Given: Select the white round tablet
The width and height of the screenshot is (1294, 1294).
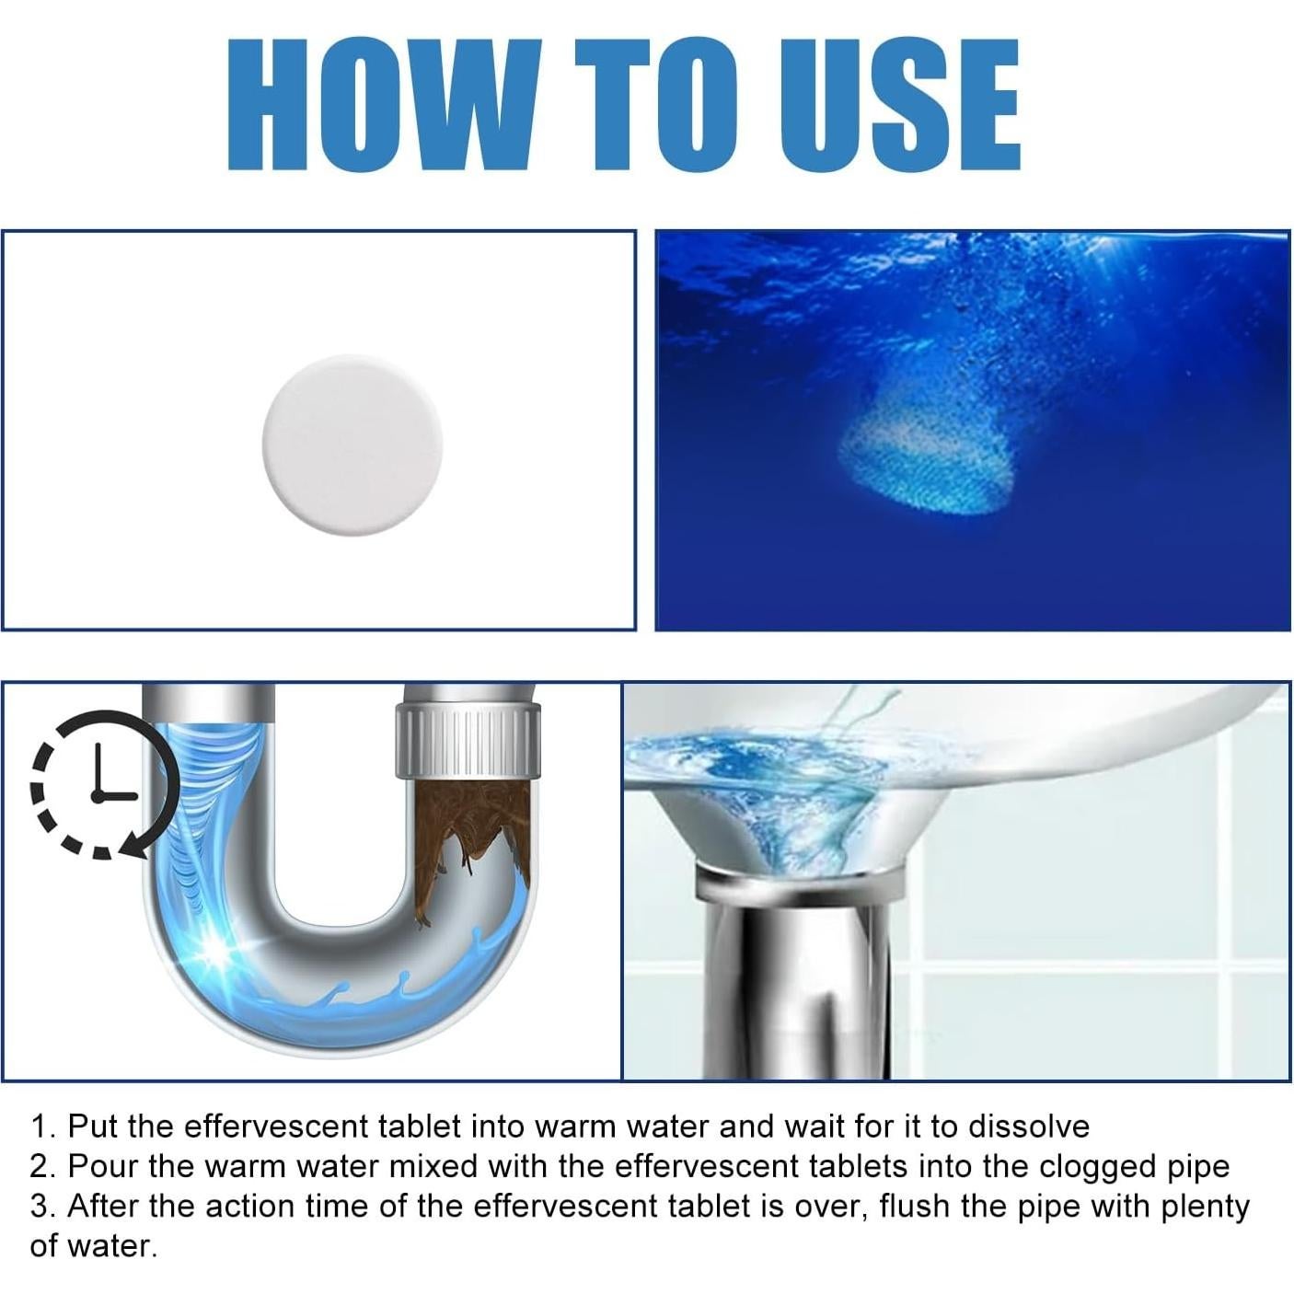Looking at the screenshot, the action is pos(352,445).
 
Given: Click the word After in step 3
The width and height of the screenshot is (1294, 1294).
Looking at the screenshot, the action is pos(103,1206).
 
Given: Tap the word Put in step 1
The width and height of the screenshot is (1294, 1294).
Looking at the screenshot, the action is pos(92,1126).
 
